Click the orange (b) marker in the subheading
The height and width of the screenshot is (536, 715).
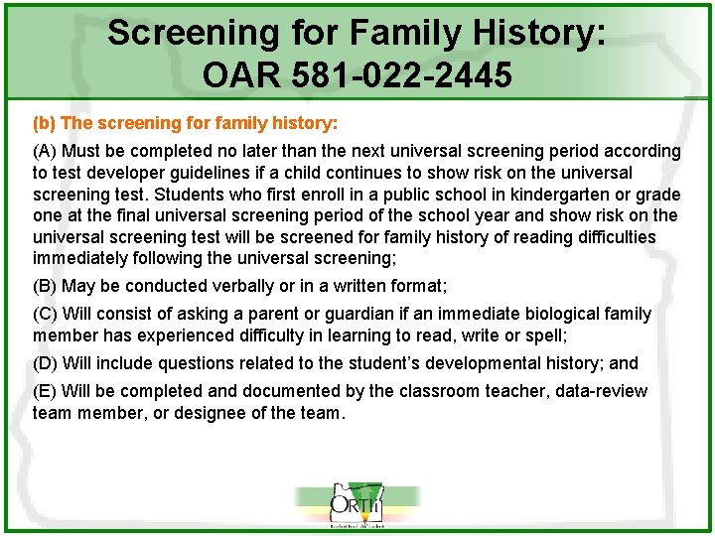click(44, 124)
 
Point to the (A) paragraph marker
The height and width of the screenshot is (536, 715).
click(46, 151)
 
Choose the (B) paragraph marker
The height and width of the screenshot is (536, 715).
click(46, 286)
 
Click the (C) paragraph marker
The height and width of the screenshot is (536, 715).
click(46, 314)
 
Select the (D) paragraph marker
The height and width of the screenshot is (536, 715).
click(46, 363)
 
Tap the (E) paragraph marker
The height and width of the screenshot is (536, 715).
click(46, 391)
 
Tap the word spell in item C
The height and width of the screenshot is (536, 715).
click(545, 335)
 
